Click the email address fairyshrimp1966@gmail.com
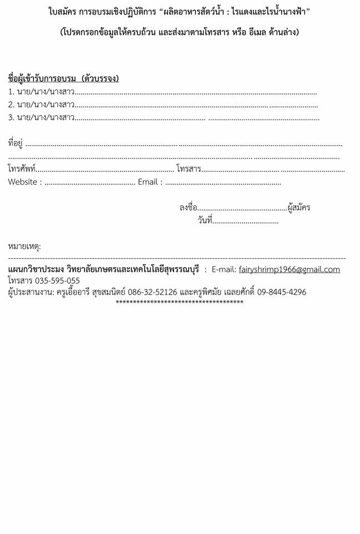(289, 270)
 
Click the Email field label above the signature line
(148, 182)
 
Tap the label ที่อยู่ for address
(15, 144)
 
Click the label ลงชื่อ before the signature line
(188, 208)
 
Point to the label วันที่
(204, 221)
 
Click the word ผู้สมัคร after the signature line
(299, 208)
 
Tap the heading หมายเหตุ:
(24, 246)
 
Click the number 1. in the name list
(11, 92)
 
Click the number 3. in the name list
(11, 117)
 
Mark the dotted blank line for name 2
(195, 105)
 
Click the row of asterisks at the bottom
(179, 303)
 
